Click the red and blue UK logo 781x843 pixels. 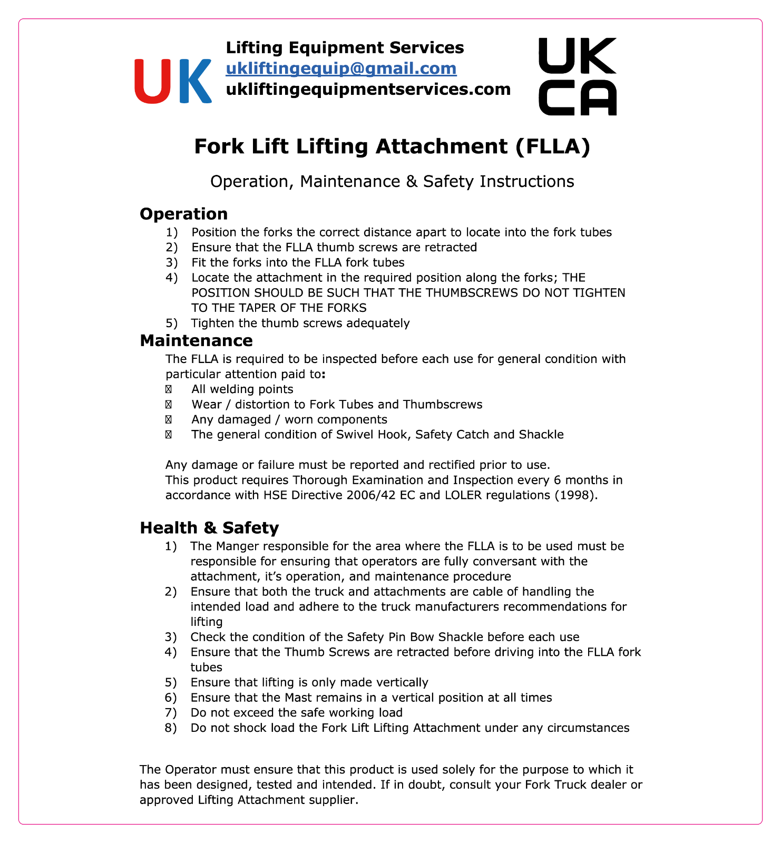[x=173, y=81]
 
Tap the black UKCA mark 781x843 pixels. [x=577, y=77]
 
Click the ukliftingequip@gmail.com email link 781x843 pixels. [x=341, y=68]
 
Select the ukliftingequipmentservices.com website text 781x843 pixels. [x=368, y=89]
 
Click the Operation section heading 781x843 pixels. [x=183, y=214]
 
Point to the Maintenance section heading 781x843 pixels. [x=196, y=341]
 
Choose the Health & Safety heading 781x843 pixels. [x=209, y=528]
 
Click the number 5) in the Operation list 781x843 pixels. [x=171, y=323]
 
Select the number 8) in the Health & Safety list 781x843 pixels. [x=171, y=728]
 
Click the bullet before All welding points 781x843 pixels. [x=169, y=389]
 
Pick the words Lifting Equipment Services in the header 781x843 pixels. [x=345, y=48]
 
